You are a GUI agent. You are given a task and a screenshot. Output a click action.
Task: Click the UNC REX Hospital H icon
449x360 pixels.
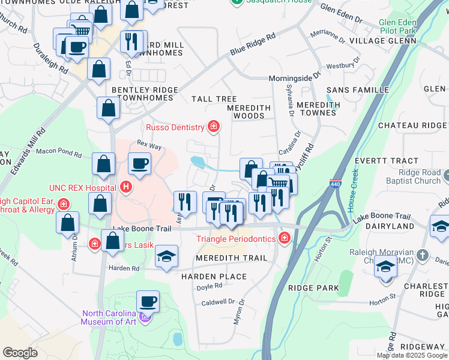pos(125,187)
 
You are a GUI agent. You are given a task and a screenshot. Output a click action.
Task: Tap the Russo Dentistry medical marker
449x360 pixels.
pos(213,126)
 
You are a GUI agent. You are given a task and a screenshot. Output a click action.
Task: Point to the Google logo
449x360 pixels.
pos(20,353)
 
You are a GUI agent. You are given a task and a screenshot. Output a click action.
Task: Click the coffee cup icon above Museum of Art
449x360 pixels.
pos(148,301)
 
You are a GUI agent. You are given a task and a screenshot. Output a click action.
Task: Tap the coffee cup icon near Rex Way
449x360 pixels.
pos(139,163)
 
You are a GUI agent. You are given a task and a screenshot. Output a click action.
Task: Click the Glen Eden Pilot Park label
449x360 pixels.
pos(397,26)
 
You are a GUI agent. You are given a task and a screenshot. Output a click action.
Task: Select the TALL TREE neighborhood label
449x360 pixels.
pos(214,99)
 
